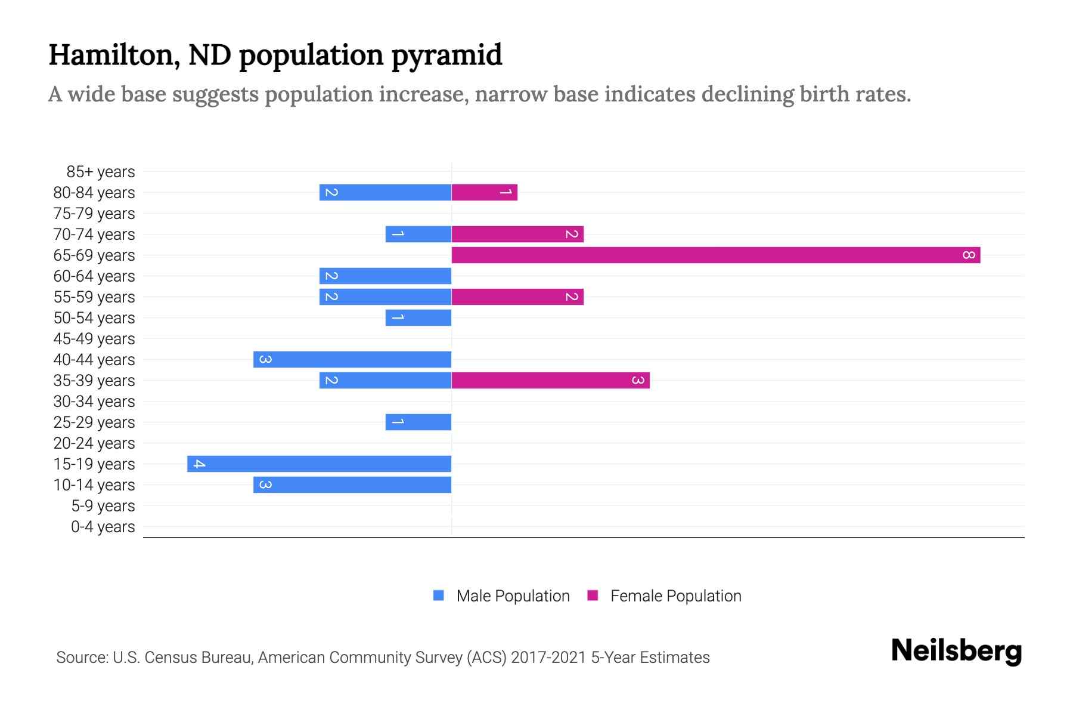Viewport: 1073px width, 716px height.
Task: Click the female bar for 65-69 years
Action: pyautogui.click(x=715, y=255)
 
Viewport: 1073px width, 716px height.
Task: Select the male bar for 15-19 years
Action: pyautogui.click(x=319, y=464)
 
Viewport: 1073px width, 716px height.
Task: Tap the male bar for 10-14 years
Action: pyautogui.click(x=352, y=485)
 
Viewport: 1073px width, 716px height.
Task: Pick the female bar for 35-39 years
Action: pyautogui.click(x=550, y=381)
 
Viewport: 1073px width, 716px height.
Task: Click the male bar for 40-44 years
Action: pyautogui.click(x=352, y=360)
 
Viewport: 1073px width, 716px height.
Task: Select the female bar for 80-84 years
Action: pyautogui.click(x=484, y=193)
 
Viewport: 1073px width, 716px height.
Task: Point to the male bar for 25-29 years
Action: pyautogui.click(x=418, y=422)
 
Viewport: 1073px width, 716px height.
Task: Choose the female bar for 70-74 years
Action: pyautogui.click(x=517, y=234)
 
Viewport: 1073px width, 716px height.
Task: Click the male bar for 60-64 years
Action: pyautogui.click(x=385, y=276)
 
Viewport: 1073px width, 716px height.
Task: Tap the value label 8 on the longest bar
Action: pyautogui.click(x=969, y=255)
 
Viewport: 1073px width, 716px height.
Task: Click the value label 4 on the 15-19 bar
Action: pyautogui.click(x=199, y=464)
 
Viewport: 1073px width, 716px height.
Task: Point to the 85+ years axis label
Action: pyautogui.click(x=100, y=172)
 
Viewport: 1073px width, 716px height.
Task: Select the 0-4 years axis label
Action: pyautogui.click(x=103, y=527)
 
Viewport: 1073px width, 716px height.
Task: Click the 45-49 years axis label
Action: pyautogui.click(x=94, y=339)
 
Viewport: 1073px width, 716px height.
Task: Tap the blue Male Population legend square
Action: pyautogui.click(x=439, y=595)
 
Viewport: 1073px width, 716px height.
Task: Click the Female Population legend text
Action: pyautogui.click(x=675, y=596)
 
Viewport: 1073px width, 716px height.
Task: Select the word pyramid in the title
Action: pyautogui.click(x=446, y=55)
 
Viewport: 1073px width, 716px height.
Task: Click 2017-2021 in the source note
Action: pyautogui.click(x=548, y=658)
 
